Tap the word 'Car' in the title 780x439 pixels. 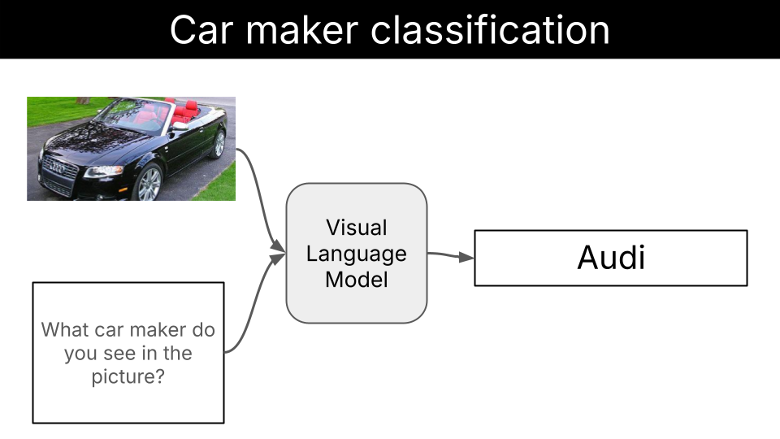pyautogui.click(x=202, y=30)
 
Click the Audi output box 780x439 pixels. pyautogui.click(x=610, y=258)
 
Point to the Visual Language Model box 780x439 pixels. pyautogui.click(x=356, y=253)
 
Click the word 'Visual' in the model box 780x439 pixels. pyautogui.click(x=356, y=227)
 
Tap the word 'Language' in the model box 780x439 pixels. pyautogui.click(x=356, y=254)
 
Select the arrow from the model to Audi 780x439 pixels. pyautogui.click(x=451, y=256)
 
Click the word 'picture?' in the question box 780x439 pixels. pyautogui.click(x=128, y=377)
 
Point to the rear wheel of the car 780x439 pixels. pyautogui.click(x=218, y=144)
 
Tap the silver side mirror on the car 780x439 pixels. pyautogui.click(x=180, y=126)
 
